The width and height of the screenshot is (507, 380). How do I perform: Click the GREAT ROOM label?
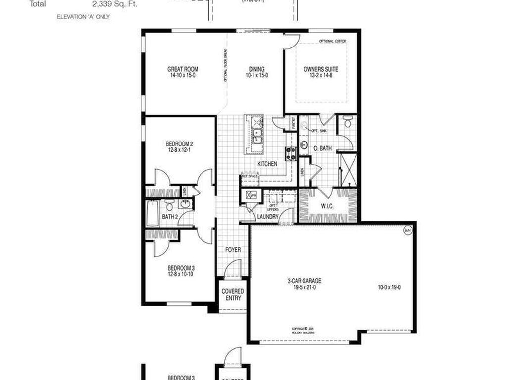[x=183, y=69]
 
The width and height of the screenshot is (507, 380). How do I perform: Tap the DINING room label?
[x=256, y=69]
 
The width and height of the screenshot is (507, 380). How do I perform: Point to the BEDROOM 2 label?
[x=179, y=144]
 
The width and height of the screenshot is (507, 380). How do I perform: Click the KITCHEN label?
[x=267, y=164]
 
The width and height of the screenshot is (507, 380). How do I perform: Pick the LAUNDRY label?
[x=268, y=216]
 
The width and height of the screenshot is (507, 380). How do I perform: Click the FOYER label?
[x=233, y=250]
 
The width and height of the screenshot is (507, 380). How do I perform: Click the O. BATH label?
[x=323, y=147]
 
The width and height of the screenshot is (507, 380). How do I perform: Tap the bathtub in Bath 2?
[x=153, y=213]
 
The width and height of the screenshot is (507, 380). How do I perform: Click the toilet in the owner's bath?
[x=347, y=122]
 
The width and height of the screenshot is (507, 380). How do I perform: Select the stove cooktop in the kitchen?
[x=291, y=153]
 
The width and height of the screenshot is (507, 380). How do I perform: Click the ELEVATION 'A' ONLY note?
[x=84, y=17]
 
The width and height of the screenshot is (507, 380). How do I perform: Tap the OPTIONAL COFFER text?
[x=333, y=41]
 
